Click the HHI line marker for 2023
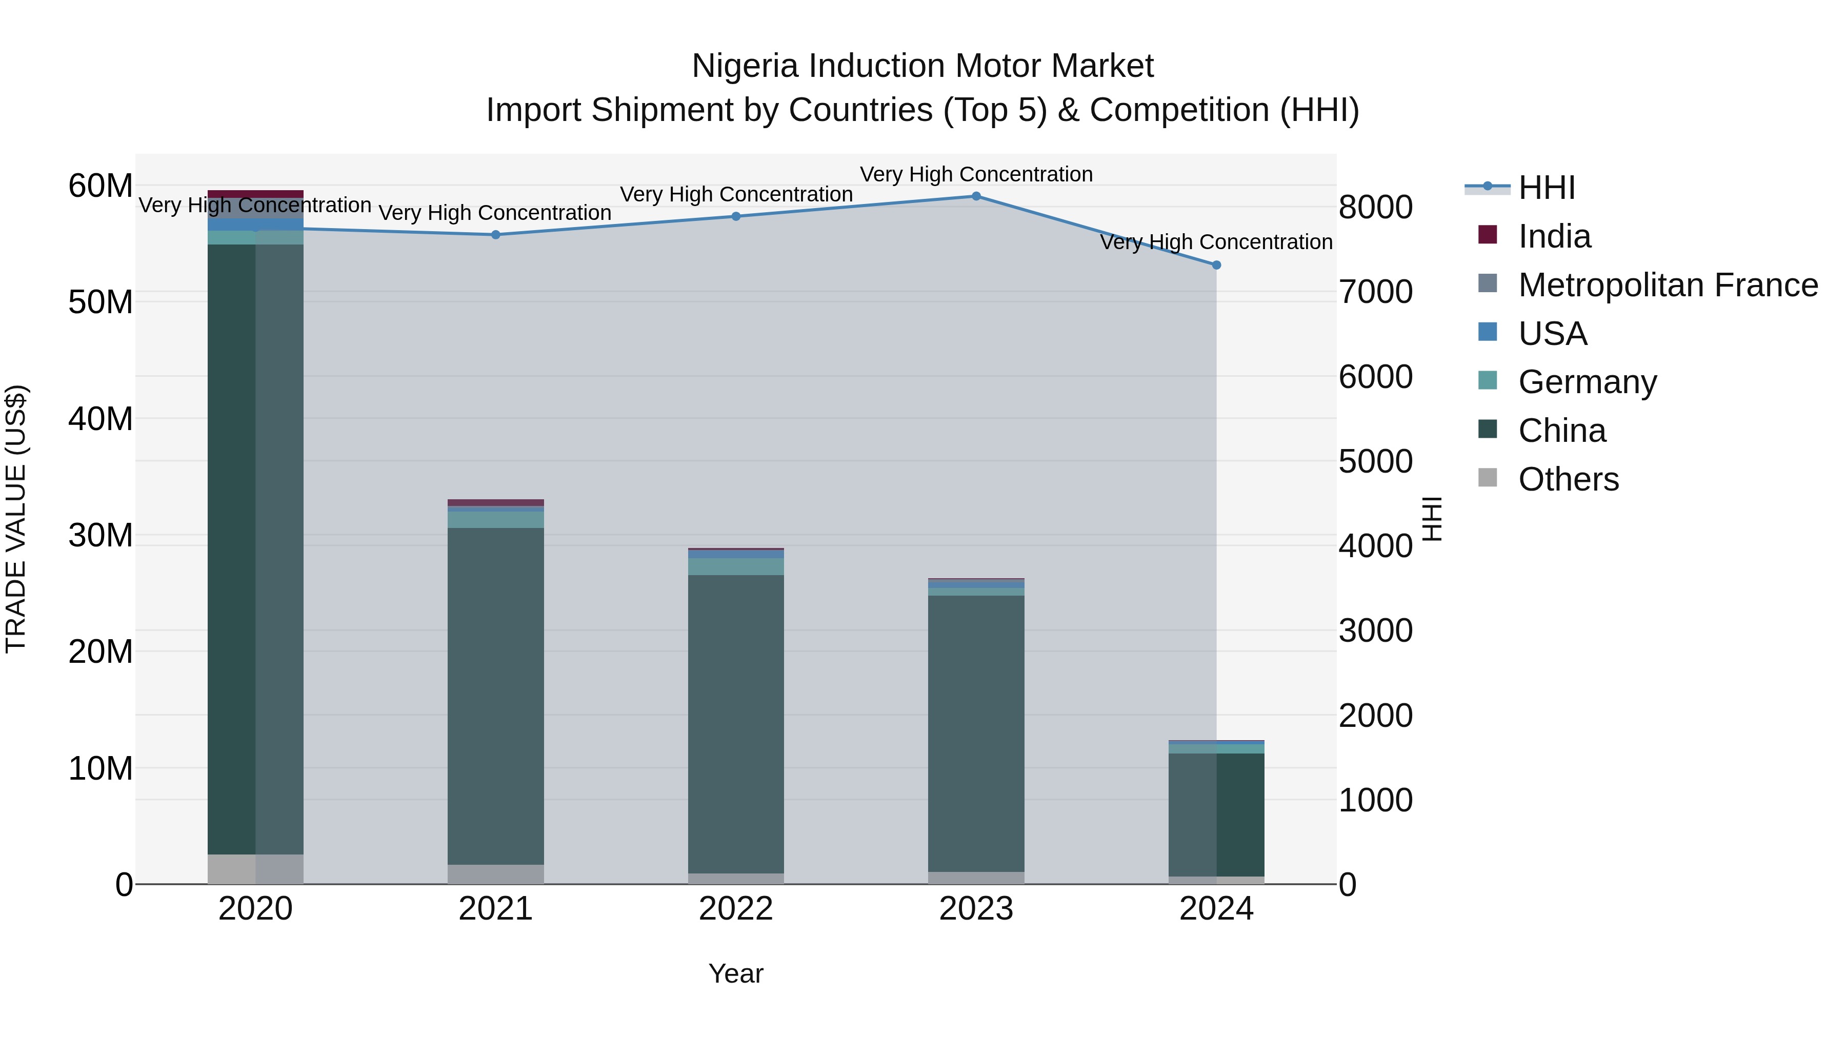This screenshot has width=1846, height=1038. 976,196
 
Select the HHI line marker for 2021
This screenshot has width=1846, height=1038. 496,235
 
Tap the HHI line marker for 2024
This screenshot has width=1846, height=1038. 1216,265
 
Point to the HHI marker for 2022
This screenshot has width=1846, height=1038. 736,216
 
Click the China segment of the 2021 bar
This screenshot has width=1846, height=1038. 496,695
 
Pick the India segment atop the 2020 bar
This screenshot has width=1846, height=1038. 256,194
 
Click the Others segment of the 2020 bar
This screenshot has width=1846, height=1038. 256,869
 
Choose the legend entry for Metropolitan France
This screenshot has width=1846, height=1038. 1668,285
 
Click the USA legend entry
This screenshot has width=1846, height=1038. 1552,334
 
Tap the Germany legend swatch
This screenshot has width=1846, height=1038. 1488,380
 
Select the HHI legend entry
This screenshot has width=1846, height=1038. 1547,188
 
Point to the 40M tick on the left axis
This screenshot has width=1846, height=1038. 101,419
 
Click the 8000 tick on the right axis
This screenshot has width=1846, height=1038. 1375,208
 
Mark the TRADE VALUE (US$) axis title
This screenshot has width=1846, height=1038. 16,519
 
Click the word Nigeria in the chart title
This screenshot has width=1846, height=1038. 745,67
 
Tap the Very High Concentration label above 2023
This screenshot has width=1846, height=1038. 976,174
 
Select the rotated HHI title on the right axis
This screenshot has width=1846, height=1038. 1432,519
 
